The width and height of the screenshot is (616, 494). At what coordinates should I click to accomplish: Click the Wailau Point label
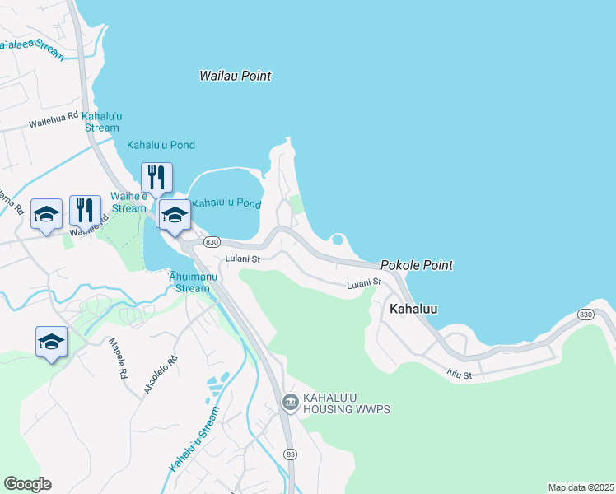point(236,76)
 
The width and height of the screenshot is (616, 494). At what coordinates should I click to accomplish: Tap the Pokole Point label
point(417,265)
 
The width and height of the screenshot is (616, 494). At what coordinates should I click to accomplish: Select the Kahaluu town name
point(413,309)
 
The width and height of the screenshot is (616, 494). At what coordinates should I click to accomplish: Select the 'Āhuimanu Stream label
point(193,282)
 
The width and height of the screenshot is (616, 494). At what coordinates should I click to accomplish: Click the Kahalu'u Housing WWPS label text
point(346,403)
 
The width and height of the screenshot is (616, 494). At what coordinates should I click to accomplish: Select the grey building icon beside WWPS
point(290,402)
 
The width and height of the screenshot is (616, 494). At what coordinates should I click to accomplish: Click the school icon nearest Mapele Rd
point(51,342)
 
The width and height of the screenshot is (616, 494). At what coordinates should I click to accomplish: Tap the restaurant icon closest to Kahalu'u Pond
point(156,177)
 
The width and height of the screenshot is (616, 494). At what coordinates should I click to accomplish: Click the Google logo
point(27,484)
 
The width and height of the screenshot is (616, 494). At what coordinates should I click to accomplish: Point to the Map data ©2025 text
point(581,487)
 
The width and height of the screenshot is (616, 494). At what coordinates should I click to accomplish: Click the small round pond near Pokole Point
point(337,240)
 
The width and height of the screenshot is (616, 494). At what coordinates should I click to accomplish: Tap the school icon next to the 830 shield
point(174,216)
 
